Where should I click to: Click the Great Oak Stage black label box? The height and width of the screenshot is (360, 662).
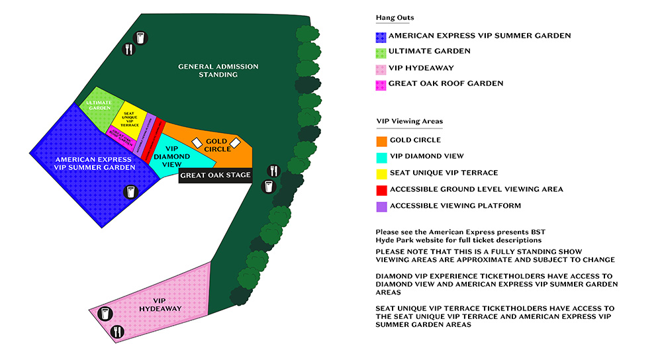click(x=216, y=175)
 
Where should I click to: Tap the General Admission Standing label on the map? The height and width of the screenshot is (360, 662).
click(x=218, y=71)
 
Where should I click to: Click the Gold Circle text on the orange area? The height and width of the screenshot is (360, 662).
click(x=218, y=145)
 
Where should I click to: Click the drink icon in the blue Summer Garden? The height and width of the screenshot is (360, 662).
click(x=130, y=192)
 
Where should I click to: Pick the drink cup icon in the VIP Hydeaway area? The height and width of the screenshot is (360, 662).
click(x=105, y=314)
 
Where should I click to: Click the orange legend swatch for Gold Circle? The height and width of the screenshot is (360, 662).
click(x=381, y=140)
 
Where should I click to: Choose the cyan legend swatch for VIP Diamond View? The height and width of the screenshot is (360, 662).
click(x=381, y=157)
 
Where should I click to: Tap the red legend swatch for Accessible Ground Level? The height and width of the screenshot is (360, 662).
click(x=381, y=189)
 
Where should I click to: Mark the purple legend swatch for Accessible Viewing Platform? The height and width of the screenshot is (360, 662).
click(x=381, y=206)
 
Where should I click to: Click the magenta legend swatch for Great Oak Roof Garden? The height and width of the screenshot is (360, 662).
click(x=381, y=84)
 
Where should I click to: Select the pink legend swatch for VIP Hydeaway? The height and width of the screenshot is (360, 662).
click(x=381, y=68)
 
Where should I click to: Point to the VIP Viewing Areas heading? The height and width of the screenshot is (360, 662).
click(x=409, y=122)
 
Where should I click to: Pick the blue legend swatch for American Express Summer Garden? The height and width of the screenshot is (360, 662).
click(x=381, y=36)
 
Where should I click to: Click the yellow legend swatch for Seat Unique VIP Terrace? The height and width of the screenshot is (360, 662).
click(x=381, y=173)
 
